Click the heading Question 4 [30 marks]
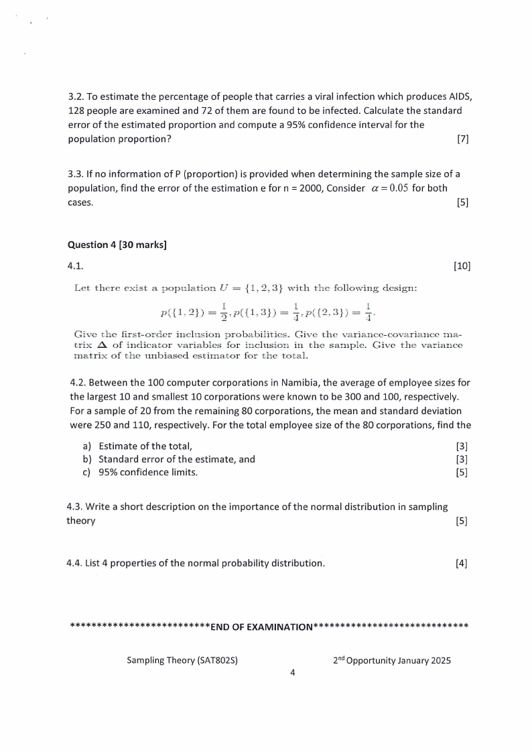pos(117,245)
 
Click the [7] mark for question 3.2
pos(462,139)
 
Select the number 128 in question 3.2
pos(78,110)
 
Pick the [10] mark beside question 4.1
pos(462,266)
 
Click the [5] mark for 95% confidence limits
pos(462,473)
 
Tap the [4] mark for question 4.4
pos(461,563)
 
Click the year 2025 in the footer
pos(438,660)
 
